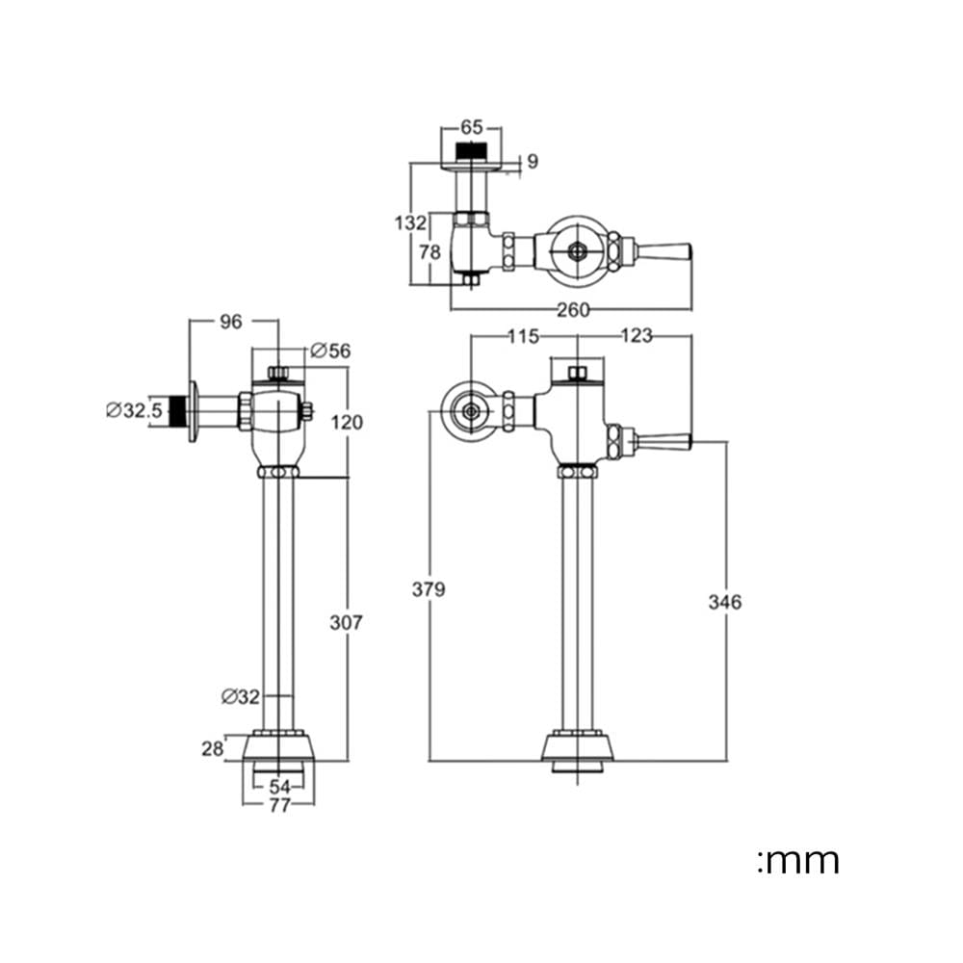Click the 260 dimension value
[x=573, y=310]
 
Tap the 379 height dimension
[x=429, y=589]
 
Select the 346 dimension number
[x=725, y=602]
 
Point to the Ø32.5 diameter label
[x=135, y=409]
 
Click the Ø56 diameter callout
[x=330, y=351]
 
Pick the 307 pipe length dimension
[x=347, y=622]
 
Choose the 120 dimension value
[x=347, y=422]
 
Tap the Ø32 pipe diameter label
[x=241, y=696]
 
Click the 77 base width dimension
[x=279, y=805]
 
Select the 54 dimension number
[x=279, y=787]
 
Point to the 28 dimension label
[x=213, y=748]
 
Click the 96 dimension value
[x=231, y=322]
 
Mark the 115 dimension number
[x=523, y=336]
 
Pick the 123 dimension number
[x=637, y=336]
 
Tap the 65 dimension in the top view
[x=472, y=127]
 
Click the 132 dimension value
[x=410, y=222]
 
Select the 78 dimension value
[x=429, y=251]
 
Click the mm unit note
[x=798, y=860]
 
